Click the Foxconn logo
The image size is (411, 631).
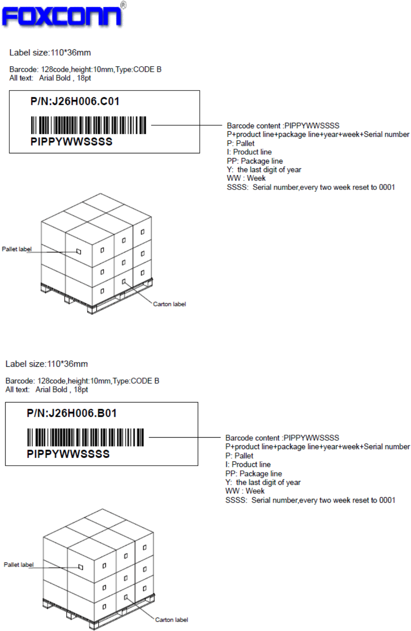tap(63, 16)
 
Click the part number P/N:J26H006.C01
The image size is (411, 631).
tap(75, 102)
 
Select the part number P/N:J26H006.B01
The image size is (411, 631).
tap(71, 413)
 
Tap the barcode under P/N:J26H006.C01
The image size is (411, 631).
tap(88, 125)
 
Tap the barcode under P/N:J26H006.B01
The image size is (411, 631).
tap(85, 437)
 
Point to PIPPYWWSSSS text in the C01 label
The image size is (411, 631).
tap(71, 142)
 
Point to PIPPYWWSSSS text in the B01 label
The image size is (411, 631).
tap(68, 454)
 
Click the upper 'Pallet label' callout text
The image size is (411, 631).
tap(17, 249)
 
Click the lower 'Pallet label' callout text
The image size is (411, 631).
tap(19, 565)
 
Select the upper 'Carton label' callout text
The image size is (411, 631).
tap(169, 304)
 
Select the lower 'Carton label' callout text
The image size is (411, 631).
tap(171, 620)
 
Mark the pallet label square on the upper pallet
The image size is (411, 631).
tap(79, 252)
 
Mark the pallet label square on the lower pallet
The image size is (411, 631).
tap(81, 567)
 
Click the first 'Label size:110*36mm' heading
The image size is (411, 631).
tap(50, 53)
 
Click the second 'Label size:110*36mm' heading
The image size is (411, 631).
tap(47, 364)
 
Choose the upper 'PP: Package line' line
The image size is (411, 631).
tap(255, 161)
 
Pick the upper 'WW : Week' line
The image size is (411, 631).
tap(246, 178)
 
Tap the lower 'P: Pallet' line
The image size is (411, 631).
tap(239, 456)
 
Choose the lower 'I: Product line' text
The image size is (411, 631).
tap(248, 465)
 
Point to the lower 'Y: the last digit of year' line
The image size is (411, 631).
tap(263, 483)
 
